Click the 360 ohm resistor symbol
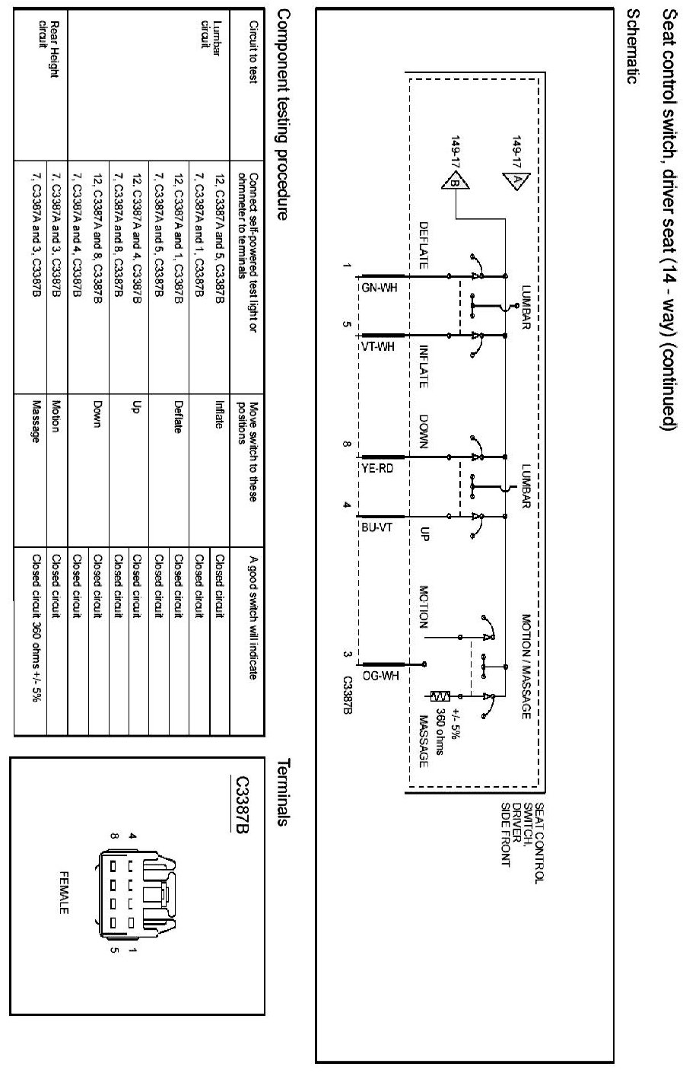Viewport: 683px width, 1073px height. point(441,696)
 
